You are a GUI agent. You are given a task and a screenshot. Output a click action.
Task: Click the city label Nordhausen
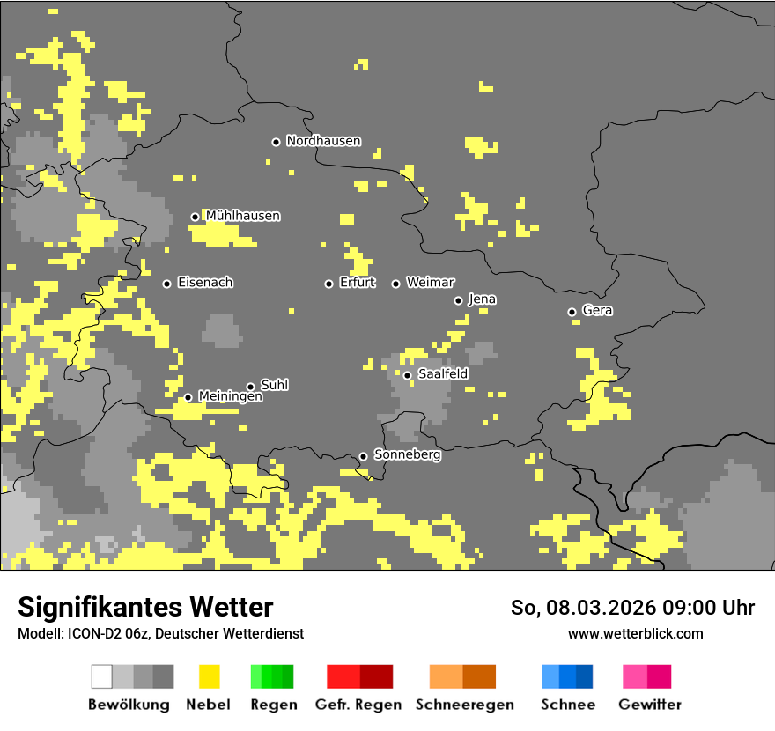pos(323,141)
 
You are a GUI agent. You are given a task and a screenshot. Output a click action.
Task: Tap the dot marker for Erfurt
pos(328,284)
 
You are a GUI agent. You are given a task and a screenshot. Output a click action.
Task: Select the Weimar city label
pos(430,283)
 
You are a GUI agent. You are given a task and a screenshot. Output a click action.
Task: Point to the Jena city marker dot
pos(458,300)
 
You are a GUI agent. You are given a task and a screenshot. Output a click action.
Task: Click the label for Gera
pos(597,311)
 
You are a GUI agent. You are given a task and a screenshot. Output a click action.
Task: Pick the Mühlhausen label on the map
pos(243,216)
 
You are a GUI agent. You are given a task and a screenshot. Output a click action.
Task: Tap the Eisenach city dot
pos(166,284)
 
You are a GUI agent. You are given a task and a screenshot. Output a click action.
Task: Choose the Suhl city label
pos(274,386)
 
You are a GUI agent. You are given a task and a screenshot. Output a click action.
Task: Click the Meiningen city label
pos(231,397)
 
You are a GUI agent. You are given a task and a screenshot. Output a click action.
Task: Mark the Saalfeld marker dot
pos(407,375)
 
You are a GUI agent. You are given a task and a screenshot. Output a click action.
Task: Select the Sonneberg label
pos(407,455)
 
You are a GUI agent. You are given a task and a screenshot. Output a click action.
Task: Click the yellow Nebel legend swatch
pos(210,676)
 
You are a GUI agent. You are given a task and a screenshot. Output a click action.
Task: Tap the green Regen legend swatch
pos(272,676)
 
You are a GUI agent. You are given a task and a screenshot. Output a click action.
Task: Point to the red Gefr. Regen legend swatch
pos(359,676)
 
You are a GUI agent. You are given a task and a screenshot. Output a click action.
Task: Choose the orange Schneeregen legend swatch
pos(462,676)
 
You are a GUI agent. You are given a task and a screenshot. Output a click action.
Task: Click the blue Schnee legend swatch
pos(567,676)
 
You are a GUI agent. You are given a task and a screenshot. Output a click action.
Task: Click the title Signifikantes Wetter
pos(145,608)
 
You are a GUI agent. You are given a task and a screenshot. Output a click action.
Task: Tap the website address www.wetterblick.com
pos(636,633)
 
